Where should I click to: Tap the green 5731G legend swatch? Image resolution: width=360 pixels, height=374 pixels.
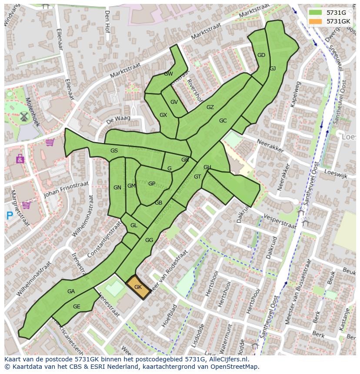tap(316, 13)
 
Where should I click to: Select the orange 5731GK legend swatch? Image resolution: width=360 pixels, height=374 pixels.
tap(316, 21)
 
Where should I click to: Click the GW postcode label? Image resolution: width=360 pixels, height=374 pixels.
tap(168, 74)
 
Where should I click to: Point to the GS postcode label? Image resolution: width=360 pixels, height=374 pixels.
tap(114, 151)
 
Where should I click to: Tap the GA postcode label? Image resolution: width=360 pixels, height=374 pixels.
tap(71, 291)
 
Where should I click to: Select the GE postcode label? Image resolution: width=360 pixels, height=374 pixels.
tap(77, 307)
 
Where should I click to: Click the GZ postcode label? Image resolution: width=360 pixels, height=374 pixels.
tap(210, 107)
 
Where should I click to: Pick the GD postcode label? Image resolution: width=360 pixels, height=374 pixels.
tap(261, 55)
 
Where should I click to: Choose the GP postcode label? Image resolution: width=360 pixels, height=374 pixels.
tap(151, 184)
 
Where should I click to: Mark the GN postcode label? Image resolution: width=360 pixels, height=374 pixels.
tap(117, 188)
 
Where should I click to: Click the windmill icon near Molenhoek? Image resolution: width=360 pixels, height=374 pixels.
tap(23, 116)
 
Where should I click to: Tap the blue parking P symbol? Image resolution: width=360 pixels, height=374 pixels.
tap(10, 215)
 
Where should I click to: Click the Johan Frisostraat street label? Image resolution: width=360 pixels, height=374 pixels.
tap(66, 189)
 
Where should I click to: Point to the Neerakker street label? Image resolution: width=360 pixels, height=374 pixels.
tap(270, 146)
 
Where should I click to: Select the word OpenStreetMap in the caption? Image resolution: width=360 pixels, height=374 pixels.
tap(236, 367)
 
